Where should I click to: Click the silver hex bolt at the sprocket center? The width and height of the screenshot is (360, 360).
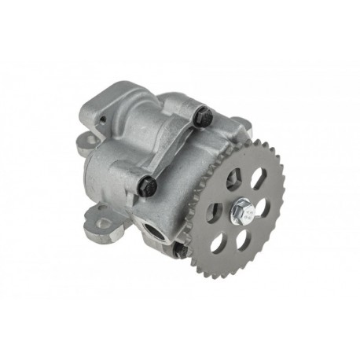click(239, 211)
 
